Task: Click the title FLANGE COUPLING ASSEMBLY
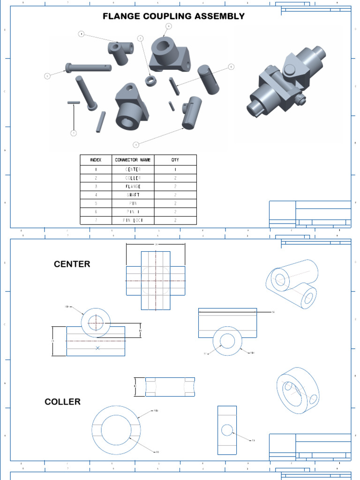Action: click(173, 16)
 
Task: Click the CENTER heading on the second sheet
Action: click(72, 264)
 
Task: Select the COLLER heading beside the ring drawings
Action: click(62, 402)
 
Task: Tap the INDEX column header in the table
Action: click(96, 160)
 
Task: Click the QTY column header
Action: click(175, 160)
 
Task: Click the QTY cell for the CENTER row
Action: click(175, 169)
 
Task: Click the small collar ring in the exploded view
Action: click(150, 80)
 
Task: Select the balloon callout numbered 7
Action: click(73, 134)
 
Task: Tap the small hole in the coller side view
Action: click(227, 430)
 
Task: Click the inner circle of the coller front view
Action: click(116, 428)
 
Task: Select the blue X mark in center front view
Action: click(97, 348)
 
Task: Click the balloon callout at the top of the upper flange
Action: click(168, 26)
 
